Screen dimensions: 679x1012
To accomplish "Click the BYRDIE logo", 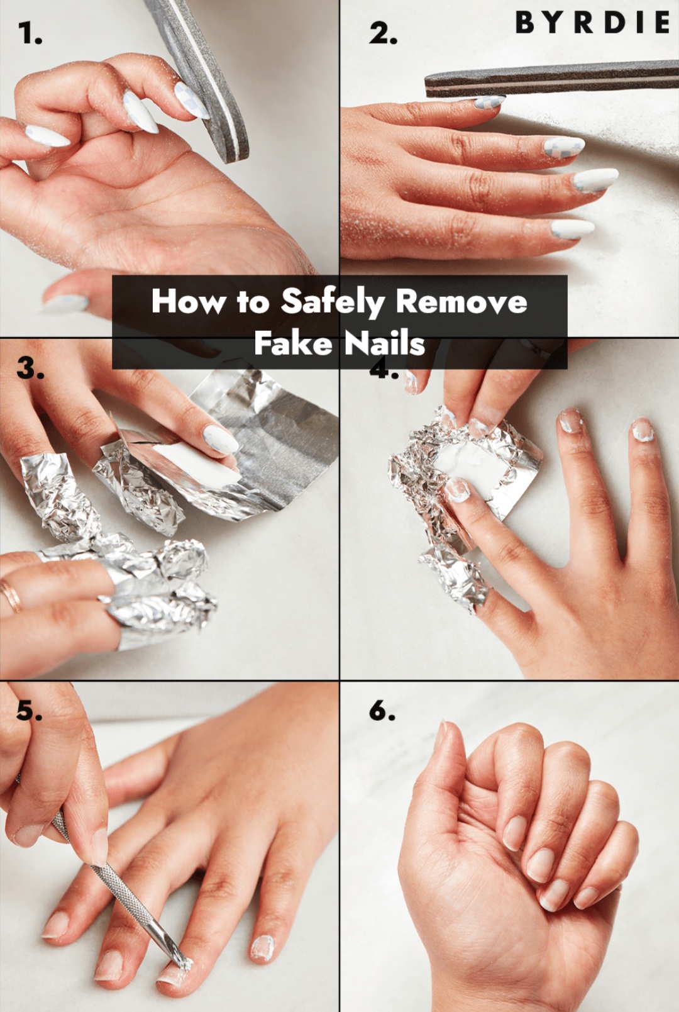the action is pyautogui.click(x=592, y=23).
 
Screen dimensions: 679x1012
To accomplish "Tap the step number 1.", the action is pyautogui.click(x=30, y=33).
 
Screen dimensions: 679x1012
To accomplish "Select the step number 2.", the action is pyautogui.click(x=383, y=33).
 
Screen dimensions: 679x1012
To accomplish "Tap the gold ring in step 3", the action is pyautogui.click(x=11, y=596).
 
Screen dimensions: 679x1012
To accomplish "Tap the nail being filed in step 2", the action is pyautogui.click(x=489, y=102).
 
